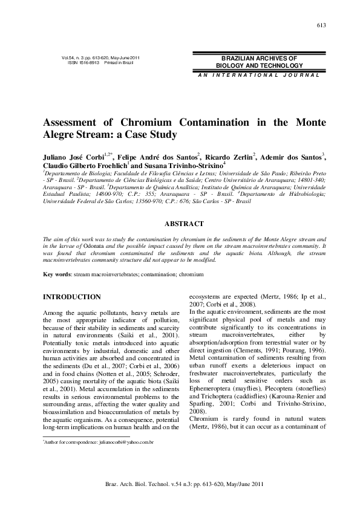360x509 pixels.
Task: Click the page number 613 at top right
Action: coord(321,25)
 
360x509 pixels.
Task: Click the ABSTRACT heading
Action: coord(184,224)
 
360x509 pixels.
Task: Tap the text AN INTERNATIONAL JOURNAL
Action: coord(258,74)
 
